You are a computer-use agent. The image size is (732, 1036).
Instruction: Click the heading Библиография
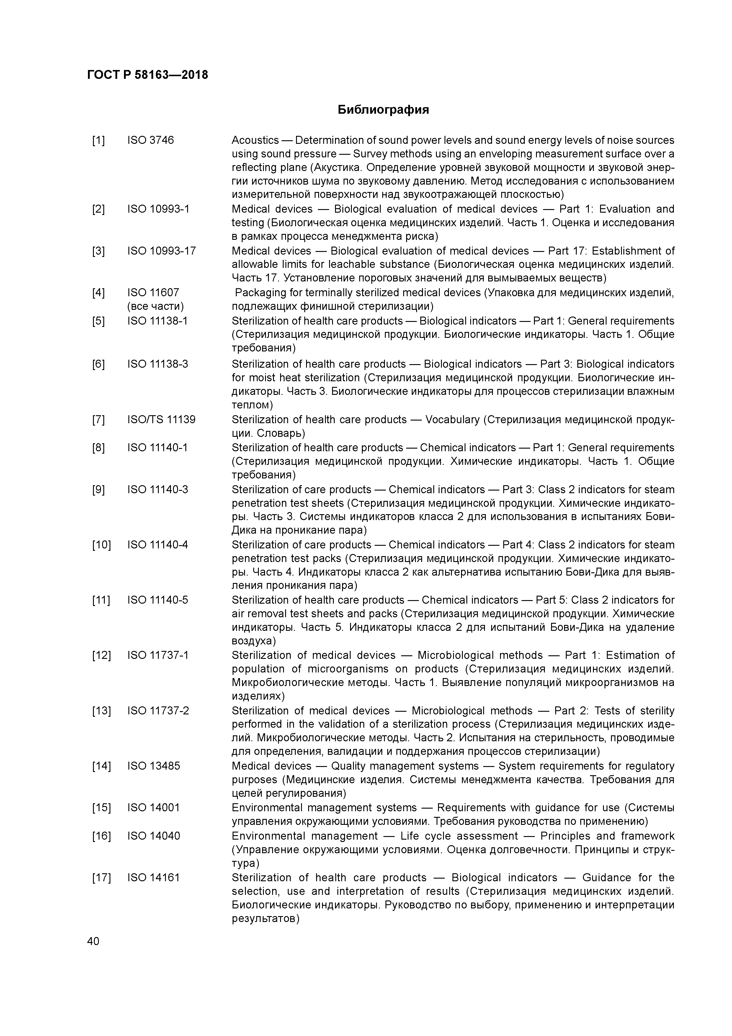click(x=383, y=110)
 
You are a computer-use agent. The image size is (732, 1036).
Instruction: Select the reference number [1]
click(x=98, y=140)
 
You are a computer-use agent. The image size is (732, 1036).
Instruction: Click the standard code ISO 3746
click(x=150, y=140)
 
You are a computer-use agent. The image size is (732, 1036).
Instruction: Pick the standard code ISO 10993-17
click(x=161, y=251)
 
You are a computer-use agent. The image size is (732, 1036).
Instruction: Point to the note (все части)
click(x=156, y=306)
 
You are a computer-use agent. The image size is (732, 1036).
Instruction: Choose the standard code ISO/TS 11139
click(x=161, y=420)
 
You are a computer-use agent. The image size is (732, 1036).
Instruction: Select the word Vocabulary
click(x=452, y=420)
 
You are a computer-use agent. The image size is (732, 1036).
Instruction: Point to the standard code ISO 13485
click(x=153, y=766)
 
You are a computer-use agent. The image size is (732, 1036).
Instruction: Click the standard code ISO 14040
click(x=153, y=836)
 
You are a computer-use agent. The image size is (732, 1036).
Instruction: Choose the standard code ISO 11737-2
click(x=158, y=711)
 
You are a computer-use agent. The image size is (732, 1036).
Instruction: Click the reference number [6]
click(x=98, y=364)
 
